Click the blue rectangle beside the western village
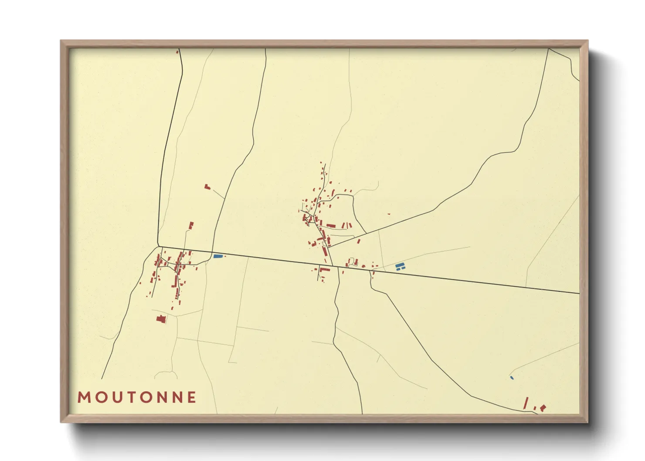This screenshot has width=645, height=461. click(x=217, y=256)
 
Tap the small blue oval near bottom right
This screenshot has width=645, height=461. click(x=512, y=377)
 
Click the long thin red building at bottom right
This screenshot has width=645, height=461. click(x=526, y=403)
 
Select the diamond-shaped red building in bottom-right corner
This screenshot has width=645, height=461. click(x=543, y=408)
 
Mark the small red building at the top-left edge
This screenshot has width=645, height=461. click(x=177, y=52)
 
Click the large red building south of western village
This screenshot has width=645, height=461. click(x=161, y=319)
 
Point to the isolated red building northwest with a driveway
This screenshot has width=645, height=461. click(x=207, y=186)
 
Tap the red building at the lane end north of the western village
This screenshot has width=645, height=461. click(x=191, y=225)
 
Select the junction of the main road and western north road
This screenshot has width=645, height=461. click(x=158, y=246)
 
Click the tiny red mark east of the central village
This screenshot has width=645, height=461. click(x=389, y=214)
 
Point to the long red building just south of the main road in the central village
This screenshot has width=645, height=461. click(x=325, y=270)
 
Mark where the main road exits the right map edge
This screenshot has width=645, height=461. click(x=579, y=294)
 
